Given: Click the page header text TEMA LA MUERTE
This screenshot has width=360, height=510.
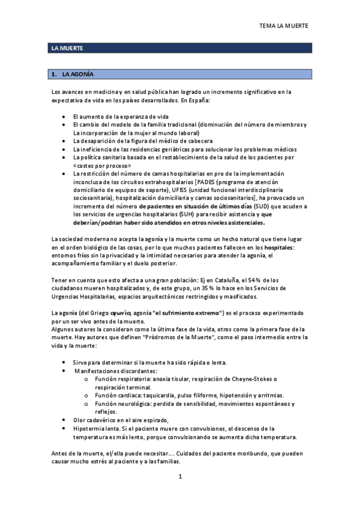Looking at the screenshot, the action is (x=283, y=26).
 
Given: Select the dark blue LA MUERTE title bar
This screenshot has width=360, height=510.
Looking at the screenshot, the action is (x=180, y=48).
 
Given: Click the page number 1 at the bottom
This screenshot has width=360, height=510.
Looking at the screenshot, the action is (x=180, y=477).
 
